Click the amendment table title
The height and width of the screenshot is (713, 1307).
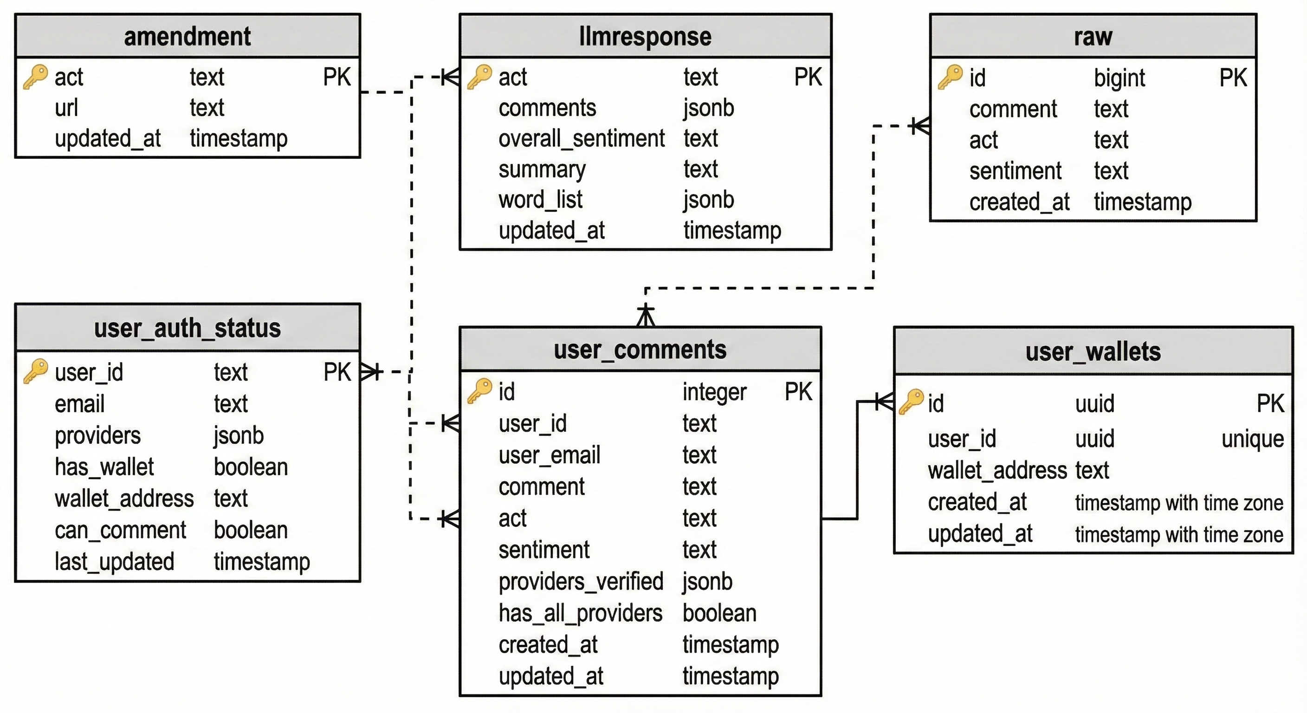click(x=187, y=37)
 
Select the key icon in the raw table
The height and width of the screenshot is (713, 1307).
click(x=950, y=78)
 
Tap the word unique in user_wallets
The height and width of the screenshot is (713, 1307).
click(x=1252, y=439)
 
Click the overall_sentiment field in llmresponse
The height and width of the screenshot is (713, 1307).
click(x=581, y=138)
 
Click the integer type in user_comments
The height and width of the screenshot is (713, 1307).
click(x=714, y=392)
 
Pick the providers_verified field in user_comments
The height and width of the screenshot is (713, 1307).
click(x=581, y=582)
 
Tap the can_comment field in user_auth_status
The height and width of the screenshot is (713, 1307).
click(x=120, y=530)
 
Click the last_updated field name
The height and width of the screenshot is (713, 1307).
click(x=114, y=562)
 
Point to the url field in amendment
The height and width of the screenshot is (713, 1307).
click(x=66, y=108)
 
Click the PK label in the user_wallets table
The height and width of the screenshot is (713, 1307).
click(x=1270, y=404)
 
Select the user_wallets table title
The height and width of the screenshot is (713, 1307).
click(x=1093, y=352)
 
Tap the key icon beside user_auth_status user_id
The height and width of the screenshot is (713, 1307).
click(x=36, y=372)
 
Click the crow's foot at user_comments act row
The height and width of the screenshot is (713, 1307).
click(x=451, y=519)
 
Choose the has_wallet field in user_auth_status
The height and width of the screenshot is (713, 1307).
click(x=104, y=467)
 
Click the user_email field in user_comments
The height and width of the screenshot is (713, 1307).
click(x=549, y=455)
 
